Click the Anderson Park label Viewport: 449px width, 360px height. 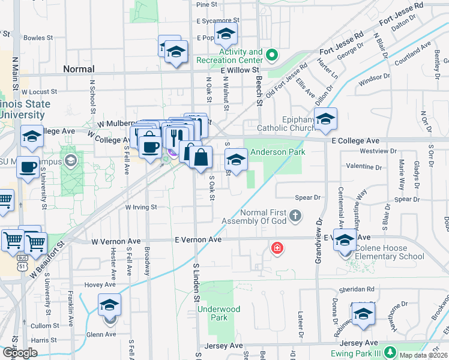pos(278,152)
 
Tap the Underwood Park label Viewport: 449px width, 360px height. pos(219,313)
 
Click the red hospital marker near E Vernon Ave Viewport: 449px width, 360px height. pos(277,247)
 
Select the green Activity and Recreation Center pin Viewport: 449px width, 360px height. pos(272,56)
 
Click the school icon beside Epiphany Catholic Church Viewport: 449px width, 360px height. pos(325,120)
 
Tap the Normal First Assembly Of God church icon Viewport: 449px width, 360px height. pos(295,215)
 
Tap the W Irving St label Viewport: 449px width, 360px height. pos(140,207)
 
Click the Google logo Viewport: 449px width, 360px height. pos(20,353)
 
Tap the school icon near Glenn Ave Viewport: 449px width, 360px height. pos(110,307)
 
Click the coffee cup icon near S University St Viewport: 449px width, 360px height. pos(28,168)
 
